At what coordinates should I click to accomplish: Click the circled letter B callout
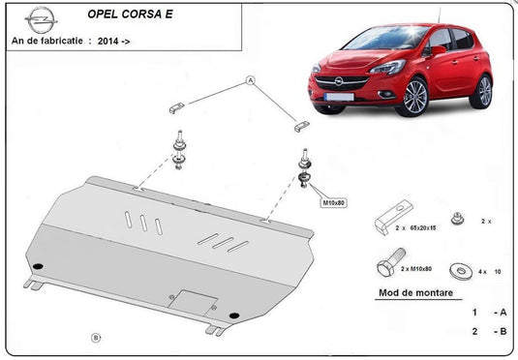95,337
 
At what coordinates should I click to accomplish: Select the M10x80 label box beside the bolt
333,202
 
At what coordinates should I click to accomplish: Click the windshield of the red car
382,40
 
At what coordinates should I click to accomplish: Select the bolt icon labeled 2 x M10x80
390,266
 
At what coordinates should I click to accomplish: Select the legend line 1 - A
488,313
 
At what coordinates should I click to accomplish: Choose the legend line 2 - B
488,332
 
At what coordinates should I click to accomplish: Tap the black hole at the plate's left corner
38,267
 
